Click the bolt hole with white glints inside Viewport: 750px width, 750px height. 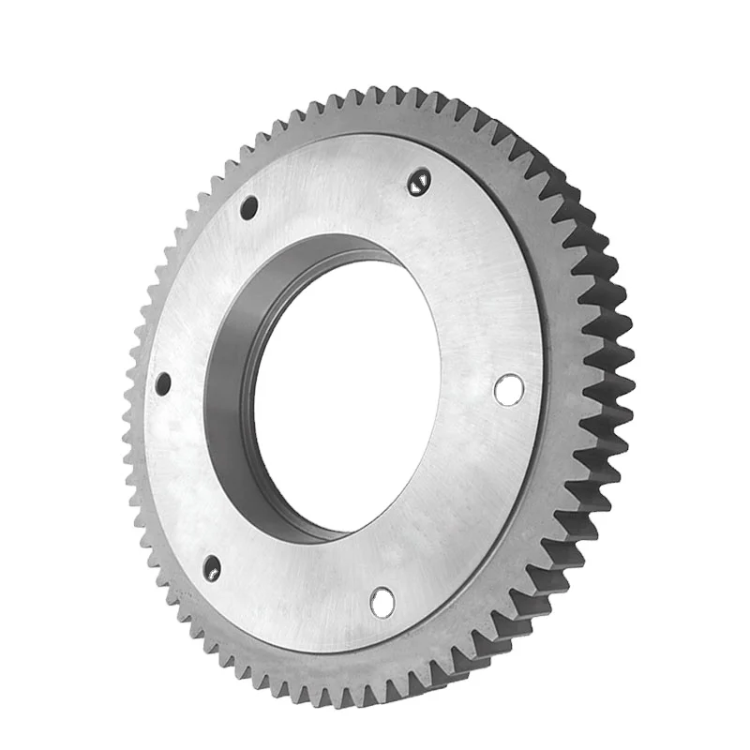419,182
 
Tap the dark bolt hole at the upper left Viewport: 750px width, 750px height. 248,207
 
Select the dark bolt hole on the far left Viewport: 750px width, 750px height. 163,383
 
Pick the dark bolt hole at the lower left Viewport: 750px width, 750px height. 212,567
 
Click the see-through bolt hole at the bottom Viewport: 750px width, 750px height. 382,602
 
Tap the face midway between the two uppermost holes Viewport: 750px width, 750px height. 334,192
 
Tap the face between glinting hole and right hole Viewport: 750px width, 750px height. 469,281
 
